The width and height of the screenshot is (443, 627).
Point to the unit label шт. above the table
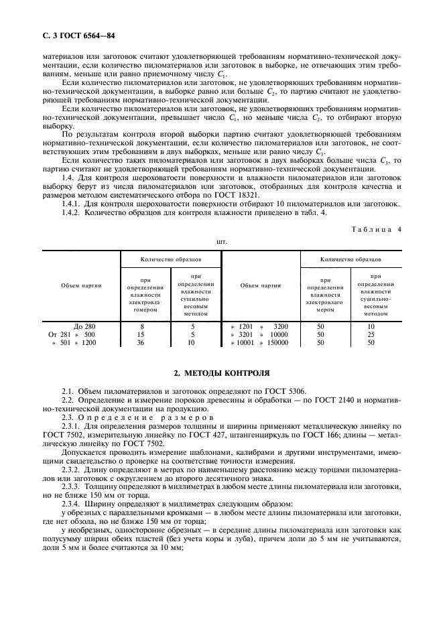[x=221, y=240]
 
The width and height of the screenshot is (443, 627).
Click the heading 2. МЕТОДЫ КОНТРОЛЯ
[x=221, y=371]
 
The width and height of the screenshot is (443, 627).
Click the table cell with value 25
[x=371, y=334]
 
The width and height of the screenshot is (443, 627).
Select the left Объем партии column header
[x=81, y=285]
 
